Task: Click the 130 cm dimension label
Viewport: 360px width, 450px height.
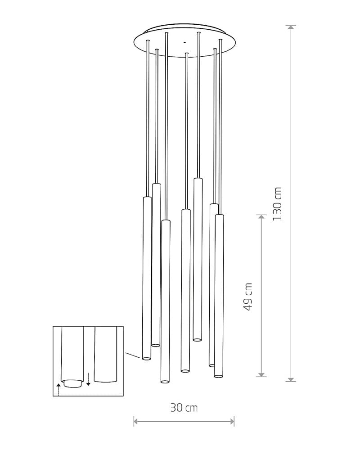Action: (277, 204)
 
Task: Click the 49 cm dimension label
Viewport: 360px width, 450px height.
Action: (248, 297)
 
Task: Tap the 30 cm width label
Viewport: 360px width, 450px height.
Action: (184, 408)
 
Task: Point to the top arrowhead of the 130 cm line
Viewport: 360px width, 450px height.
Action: (291, 27)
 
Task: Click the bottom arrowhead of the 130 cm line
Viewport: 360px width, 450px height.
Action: (291, 379)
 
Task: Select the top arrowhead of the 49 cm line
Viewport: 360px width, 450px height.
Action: (261, 217)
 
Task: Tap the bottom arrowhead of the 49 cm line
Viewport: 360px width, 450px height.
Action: (261, 374)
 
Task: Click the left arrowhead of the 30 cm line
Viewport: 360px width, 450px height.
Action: (136, 422)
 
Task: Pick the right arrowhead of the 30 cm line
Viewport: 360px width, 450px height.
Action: (232, 422)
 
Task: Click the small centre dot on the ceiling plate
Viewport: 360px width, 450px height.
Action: (184, 42)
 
